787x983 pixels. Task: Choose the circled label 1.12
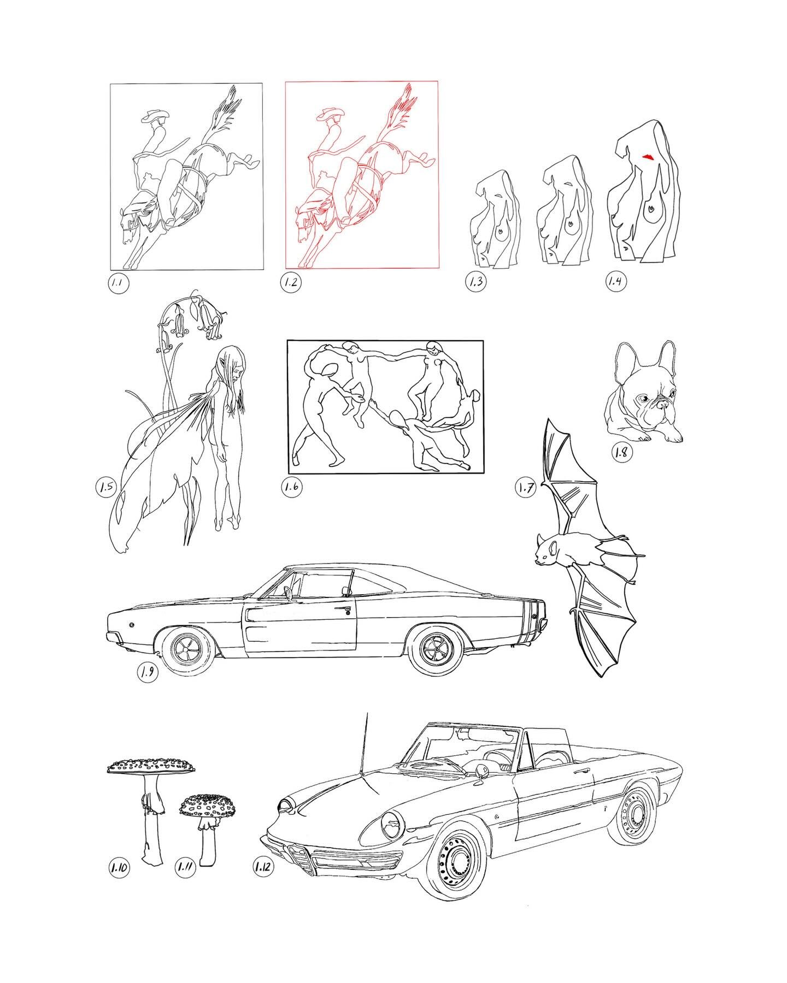tap(263, 866)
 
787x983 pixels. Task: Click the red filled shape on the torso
tap(648, 157)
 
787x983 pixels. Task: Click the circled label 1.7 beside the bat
tap(525, 488)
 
